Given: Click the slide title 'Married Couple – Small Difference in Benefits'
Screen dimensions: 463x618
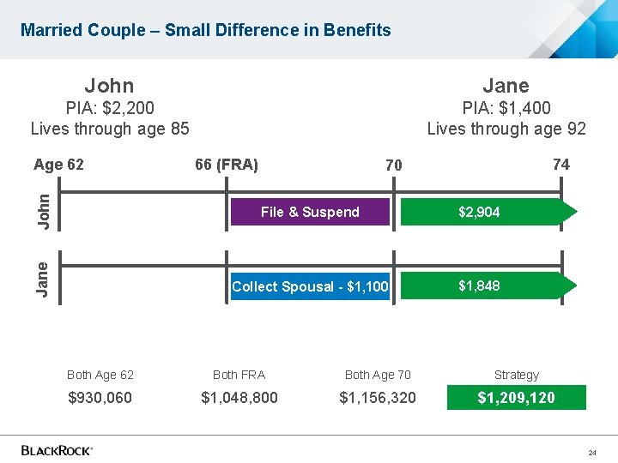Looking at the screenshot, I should (x=206, y=30).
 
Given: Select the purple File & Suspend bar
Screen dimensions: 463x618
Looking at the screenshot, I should (x=309, y=212).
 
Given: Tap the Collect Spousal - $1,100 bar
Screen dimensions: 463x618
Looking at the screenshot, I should (x=309, y=286).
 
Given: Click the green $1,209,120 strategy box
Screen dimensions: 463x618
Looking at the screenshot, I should (x=516, y=398).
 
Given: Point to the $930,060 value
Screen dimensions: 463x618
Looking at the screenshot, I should (x=100, y=398).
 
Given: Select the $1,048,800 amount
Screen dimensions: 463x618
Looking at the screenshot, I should (x=239, y=398).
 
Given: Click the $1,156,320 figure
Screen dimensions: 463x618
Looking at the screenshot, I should (x=378, y=398).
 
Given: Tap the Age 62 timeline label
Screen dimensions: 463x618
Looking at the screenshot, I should (x=58, y=165).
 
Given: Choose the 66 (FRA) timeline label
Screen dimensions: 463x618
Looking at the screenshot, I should (x=227, y=164).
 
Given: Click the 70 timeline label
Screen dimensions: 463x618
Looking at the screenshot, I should (x=393, y=165).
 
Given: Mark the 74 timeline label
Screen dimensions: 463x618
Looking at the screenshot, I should (x=560, y=164).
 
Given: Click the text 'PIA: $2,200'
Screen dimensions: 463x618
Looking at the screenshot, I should (x=109, y=108).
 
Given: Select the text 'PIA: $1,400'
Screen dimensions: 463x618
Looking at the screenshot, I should (x=506, y=108).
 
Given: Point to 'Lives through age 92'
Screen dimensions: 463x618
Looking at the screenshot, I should (x=506, y=129).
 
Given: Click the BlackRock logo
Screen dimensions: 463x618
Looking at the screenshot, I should (x=57, y=450).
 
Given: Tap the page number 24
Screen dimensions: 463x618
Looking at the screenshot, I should (x=592, y=452).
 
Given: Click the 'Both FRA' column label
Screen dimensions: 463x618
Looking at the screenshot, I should (x=239, y=375).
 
